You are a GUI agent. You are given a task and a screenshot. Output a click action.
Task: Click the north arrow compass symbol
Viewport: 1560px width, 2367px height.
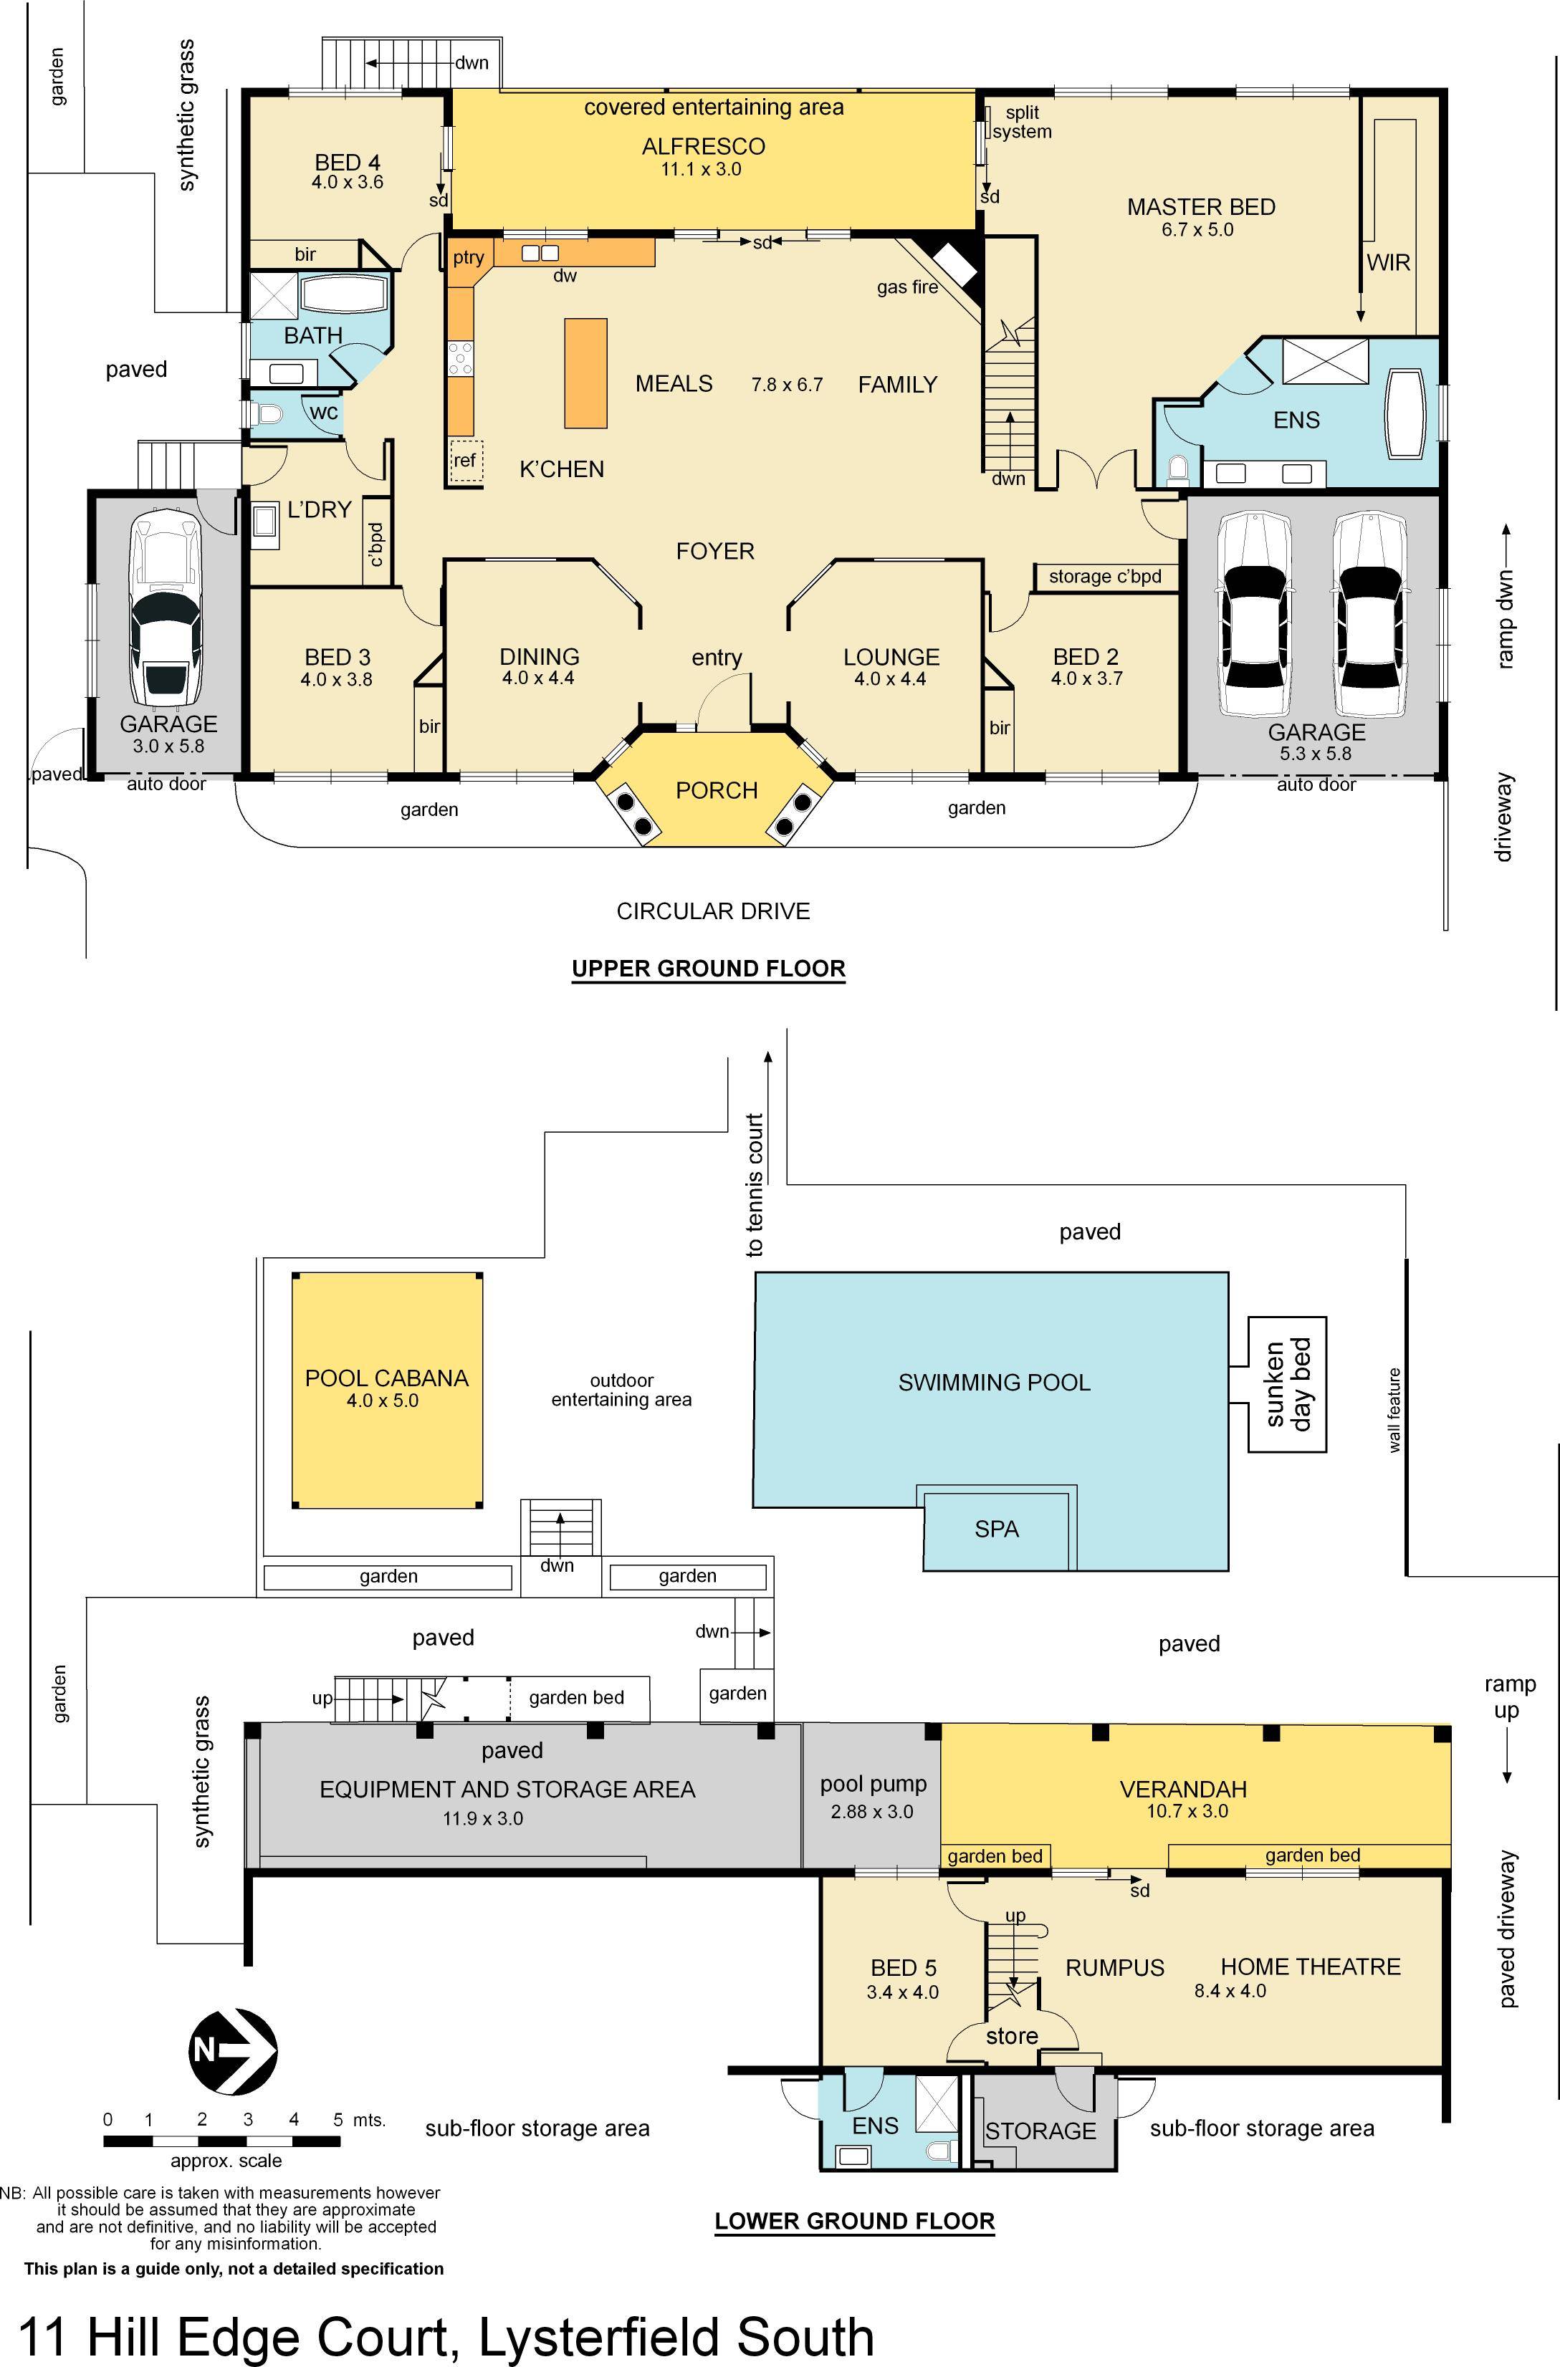coord(233,2052)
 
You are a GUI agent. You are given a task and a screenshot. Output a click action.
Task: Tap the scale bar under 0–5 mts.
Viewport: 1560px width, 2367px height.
coord(224,2140)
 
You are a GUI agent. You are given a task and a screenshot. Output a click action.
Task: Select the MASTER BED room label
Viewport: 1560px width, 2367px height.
coord(1201,207)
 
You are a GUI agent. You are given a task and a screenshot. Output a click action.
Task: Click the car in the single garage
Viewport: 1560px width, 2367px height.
coord(166,610)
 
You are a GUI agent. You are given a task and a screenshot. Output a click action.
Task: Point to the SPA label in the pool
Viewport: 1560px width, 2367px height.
coord(997,1530)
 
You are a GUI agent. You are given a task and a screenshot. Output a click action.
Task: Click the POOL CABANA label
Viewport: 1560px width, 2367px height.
coord(386,1378)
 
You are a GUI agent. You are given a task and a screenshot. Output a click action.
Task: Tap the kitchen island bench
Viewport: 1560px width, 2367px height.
coord(586,373)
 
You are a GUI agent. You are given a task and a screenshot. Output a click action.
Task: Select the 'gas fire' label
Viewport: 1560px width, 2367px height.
coord(907,287)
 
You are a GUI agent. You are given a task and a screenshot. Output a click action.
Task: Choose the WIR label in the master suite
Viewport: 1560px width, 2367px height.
coord(1389,262)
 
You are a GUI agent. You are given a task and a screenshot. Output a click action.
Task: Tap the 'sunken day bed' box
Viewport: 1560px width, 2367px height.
coord(1288,1384)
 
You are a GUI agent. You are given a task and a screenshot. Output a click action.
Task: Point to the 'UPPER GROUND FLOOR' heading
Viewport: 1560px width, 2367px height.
coord(709,969)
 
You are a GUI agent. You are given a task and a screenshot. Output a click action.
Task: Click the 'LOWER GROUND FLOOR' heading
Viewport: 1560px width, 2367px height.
coord(855,2221)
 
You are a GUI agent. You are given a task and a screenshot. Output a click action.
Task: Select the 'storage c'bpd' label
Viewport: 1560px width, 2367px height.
coord(1106,577)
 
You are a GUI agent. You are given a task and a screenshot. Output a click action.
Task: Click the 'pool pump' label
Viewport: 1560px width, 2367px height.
coord(874,1785)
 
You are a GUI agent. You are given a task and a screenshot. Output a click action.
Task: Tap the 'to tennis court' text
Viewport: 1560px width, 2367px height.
coord(755,1184)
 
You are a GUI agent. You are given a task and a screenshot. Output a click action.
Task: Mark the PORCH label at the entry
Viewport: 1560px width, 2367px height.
coord(717,791)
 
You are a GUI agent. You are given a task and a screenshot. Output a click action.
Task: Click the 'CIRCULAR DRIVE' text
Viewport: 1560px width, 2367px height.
coord(713,911)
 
